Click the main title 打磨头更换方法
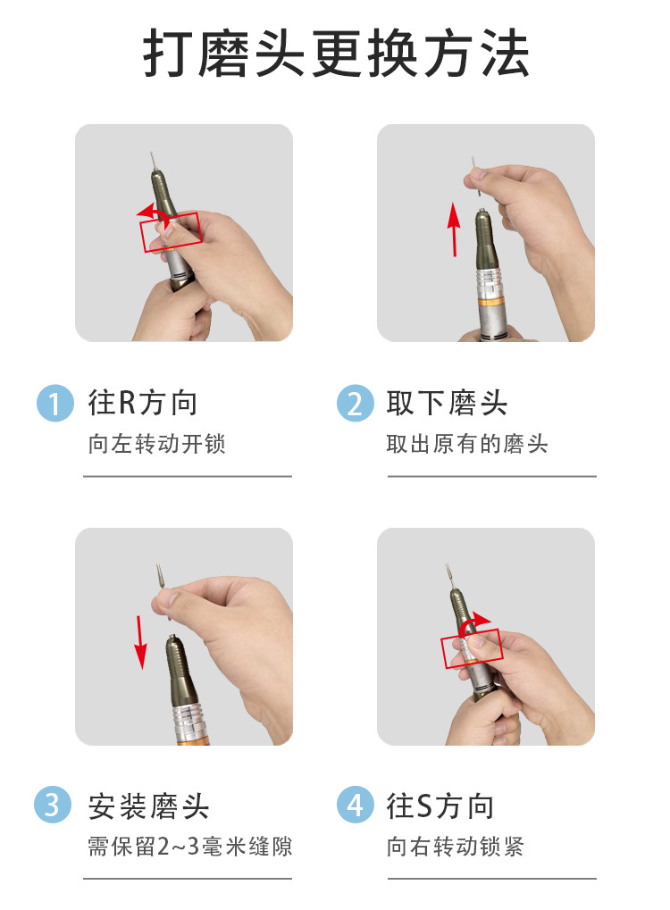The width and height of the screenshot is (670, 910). coord(336,55)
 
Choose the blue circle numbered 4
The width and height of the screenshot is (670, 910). coord(355,806)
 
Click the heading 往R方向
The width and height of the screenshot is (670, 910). coord(142,404)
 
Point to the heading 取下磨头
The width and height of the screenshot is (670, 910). coord(447,404)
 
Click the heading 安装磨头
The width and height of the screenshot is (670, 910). coord(148,806)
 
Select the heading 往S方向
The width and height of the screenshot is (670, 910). coord(440,806)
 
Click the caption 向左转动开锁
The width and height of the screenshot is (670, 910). coord(157,444)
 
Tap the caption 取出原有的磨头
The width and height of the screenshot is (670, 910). coord(466,444)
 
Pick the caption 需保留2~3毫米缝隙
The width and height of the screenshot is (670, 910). coord(189,846)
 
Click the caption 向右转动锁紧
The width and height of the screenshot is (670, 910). coord(456,846)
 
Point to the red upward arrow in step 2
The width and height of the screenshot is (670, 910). coord(454,229)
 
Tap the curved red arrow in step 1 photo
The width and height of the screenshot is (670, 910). coord(154,212)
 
